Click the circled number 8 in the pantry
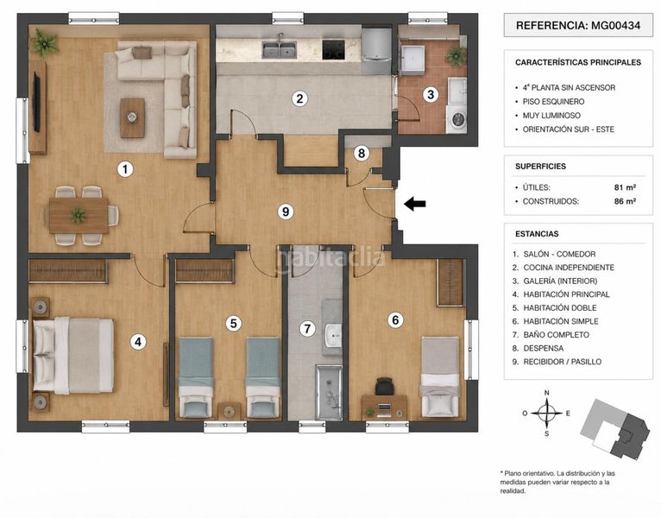point(362,153)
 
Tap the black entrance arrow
point(415,204)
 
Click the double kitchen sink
point(279,50)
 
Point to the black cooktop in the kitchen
point(333,50)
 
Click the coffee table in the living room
point(132,118)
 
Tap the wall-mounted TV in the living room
point(37,102)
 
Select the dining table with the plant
point(79,216)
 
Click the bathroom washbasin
point(334,335)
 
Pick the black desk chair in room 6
point(385,386)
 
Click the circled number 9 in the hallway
point(286,212)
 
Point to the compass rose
point(547,413)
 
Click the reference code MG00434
point(615,25)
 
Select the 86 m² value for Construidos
point(625,201)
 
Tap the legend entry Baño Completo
point(556,334)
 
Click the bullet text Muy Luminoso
point(551,115)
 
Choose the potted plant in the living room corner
point(44,42)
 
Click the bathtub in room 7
point(329,393)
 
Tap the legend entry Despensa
point(544,348)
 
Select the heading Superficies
point(540,167)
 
